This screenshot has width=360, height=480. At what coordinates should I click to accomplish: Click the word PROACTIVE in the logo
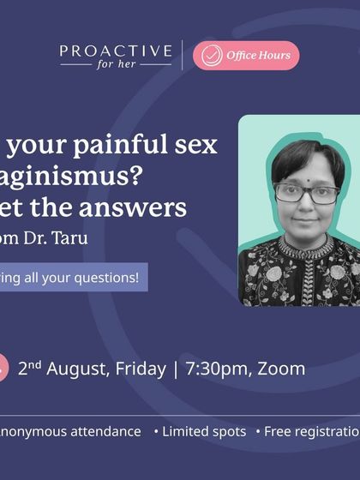(116, 52)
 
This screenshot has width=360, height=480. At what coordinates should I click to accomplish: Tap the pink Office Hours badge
(246, 56)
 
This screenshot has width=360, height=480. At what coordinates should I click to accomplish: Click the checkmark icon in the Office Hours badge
(209, 56)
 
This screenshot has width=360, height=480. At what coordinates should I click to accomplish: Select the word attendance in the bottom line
(98, 432)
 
